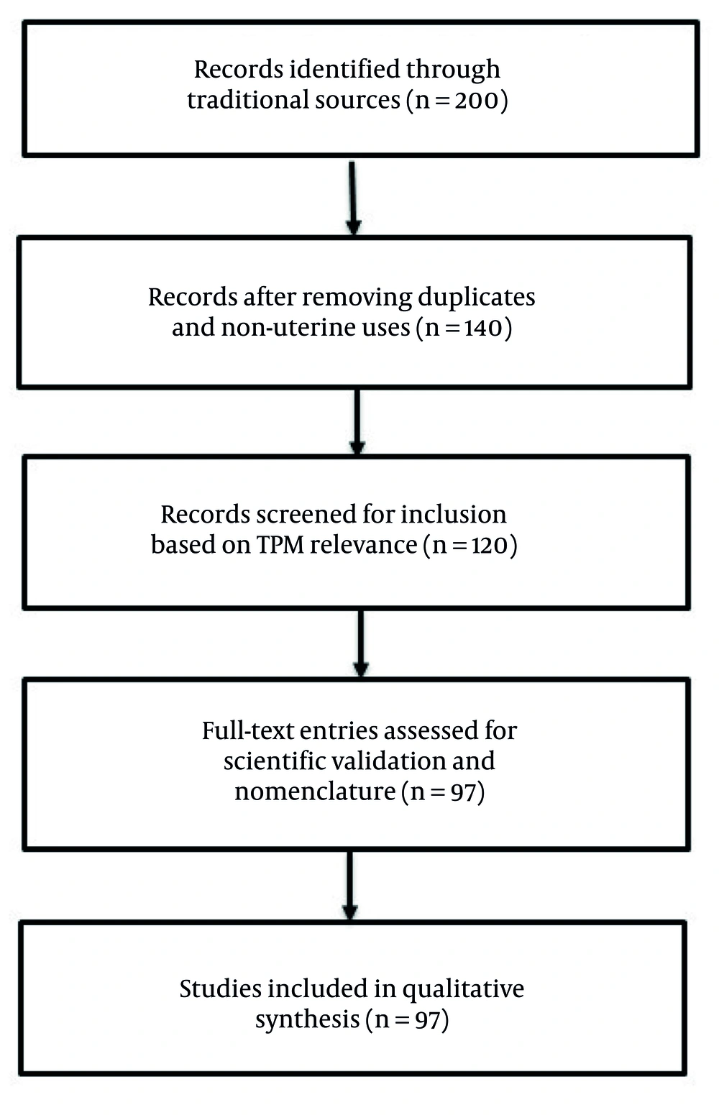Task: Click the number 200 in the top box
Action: [476, 100]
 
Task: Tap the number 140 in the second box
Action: [482, 328]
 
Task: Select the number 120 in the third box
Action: [489, 546]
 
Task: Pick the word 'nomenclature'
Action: [315, 791]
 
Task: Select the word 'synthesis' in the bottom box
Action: [307, 1020]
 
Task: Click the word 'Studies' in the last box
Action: [221, 989]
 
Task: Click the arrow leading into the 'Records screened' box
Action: [357, 421]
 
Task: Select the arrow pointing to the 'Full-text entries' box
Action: [361, 643]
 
